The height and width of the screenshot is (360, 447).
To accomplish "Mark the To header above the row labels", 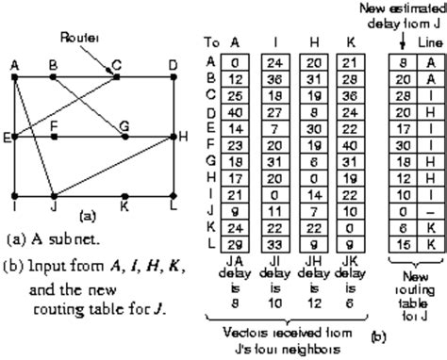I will coord(212,41).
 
